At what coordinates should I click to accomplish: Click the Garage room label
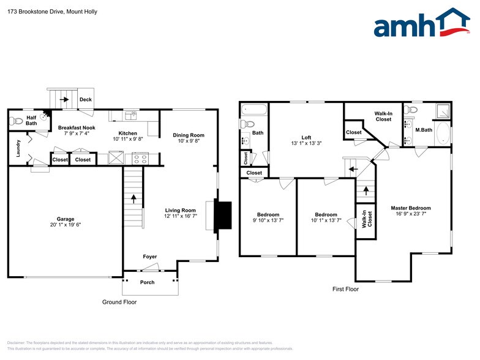pos(66,219)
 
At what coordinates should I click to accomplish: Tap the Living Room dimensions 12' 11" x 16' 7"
pos(180,216)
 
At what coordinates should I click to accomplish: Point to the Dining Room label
pos(188,135)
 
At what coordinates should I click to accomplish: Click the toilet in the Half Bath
pos(17,121)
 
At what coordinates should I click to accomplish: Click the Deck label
pos(85,99)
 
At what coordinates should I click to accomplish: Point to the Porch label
pos(148,282)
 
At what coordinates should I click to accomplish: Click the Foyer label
pos(150,257)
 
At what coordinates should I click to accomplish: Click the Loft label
pos(307,137)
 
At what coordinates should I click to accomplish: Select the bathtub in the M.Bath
pos(443,135)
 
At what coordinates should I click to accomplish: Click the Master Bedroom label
pos(410,208)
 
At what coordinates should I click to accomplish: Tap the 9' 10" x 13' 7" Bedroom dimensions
pos(268,220)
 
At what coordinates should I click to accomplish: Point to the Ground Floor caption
pos(119,302)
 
